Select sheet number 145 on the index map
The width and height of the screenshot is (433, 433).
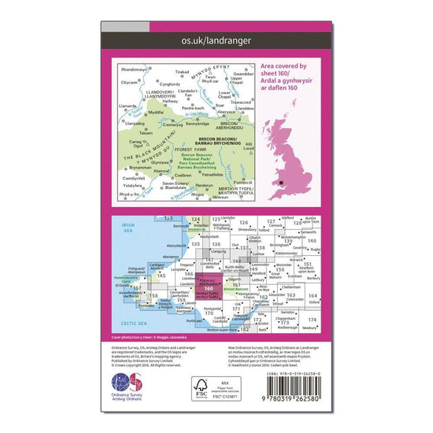pos(161,276)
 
